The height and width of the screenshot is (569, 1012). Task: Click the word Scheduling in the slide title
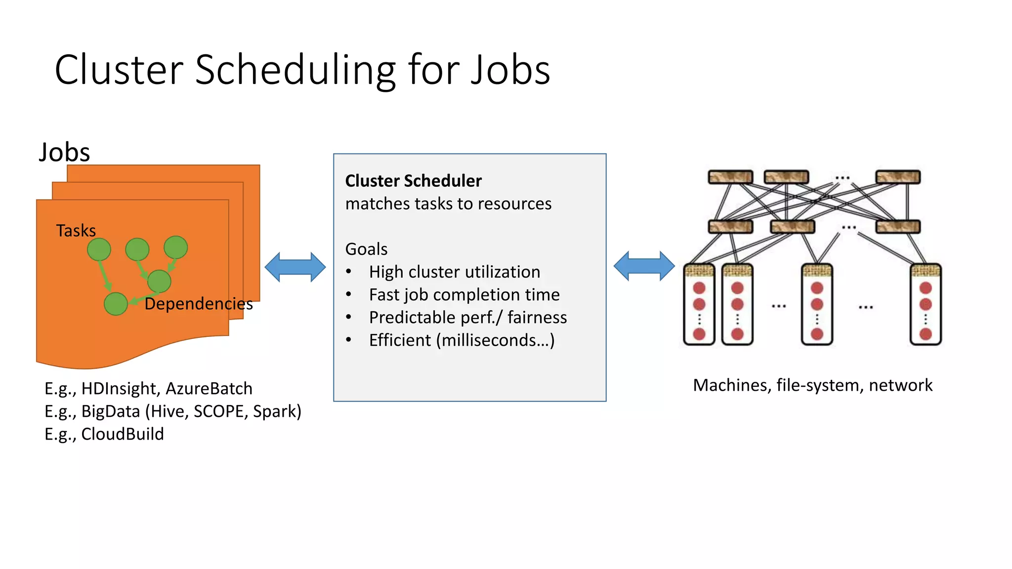click(x=295, y=70)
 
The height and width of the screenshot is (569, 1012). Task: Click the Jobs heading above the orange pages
click(x=64, y=152)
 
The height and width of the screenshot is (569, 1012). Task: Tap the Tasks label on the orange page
click(x=76, y=231)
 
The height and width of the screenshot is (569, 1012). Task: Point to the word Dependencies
click(x=198, y=303)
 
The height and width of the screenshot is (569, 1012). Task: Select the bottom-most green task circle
click(x=116, y=304)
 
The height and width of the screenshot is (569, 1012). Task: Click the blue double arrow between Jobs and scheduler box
click(x=295, y=267)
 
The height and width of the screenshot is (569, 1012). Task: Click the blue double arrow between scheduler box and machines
click(x=644, y=266)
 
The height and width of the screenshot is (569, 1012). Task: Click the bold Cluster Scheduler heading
click(x=413, y=181)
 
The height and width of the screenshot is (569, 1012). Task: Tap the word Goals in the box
click(x=366, y=249)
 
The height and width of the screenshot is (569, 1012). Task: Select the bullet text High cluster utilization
click(x=454, y=272)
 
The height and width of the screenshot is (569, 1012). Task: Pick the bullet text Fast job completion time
click(x=464, y=294)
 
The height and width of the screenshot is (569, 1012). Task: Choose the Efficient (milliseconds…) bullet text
click(x=462, y=340)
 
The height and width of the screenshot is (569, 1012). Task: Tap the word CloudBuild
click(x=122, y=434)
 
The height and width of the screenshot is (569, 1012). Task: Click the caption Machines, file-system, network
click(x=812, y=385)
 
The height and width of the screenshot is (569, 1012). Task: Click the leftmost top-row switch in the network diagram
click(x=730, y=177)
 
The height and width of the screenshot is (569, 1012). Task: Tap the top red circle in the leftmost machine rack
click(x=699, y=288)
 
